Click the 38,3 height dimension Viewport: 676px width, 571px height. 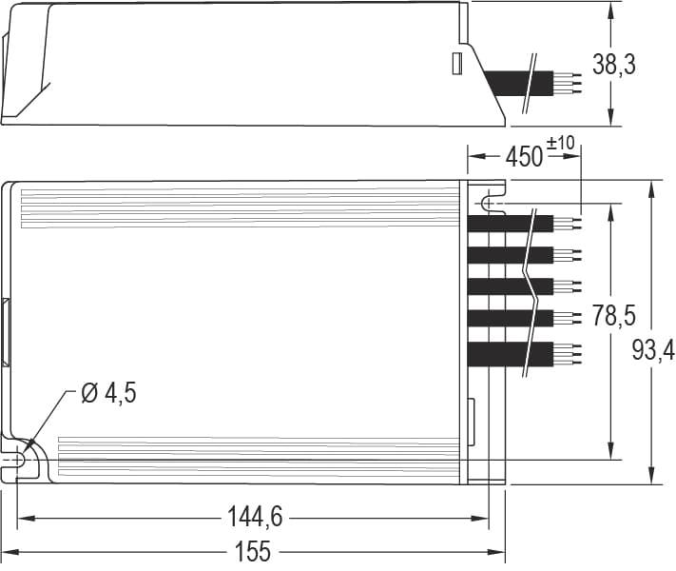[640, 65]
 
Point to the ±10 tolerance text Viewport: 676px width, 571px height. [562, 143]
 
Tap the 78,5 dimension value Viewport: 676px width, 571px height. [613, 316]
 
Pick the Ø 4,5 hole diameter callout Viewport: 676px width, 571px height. [108, 392]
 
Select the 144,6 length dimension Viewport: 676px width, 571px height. [255, 518]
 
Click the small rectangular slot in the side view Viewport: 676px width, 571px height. [455, 64]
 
